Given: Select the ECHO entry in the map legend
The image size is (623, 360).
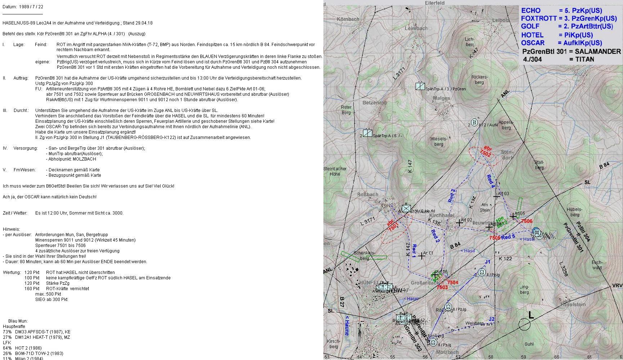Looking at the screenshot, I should tap(531, 11).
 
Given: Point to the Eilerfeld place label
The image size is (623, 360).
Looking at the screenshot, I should tap(435, 3).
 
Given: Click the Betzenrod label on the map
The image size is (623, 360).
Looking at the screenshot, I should tap(375, 103).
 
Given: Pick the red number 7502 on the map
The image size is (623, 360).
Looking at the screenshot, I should tap(485, 153).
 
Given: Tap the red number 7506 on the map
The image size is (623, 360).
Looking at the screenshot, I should tap(526, 221).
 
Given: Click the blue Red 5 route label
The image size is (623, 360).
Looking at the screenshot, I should tap(508, 237).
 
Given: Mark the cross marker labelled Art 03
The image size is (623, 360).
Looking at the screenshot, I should tap(497, 196).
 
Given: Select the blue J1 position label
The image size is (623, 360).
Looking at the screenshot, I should tap(487, 262).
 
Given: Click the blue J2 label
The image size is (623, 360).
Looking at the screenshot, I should tap(492, 319).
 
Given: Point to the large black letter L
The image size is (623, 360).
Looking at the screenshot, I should tap(531, 315).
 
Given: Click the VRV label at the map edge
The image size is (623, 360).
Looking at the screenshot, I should tap(617, 285).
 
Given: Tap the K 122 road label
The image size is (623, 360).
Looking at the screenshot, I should tap(505, 258).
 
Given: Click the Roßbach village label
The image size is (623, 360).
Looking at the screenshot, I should tap(368, 194).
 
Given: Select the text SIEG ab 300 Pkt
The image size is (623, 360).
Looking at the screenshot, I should tap(51, 300).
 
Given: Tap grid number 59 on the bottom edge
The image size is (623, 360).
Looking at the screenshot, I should tap(523, 357).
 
